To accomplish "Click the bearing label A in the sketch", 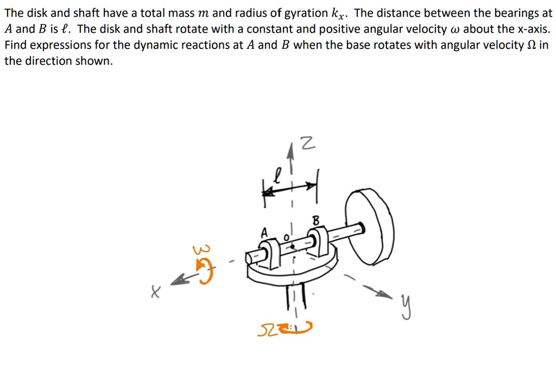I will coord(264,232).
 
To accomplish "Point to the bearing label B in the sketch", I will coord(317,220).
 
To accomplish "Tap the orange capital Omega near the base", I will coord(270,329).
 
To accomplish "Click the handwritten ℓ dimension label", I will coord(279,174).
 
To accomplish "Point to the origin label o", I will coord(286,237).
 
